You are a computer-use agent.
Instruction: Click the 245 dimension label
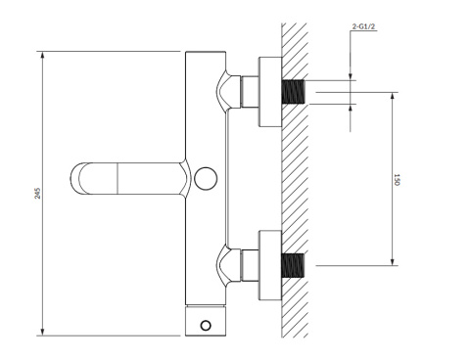click(38, 193)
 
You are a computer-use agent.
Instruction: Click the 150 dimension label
click(397, 180)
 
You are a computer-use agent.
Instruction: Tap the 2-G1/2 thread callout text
click(362, 26)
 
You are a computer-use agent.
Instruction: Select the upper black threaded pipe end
click(293, 92)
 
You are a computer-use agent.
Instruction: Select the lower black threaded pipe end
click(293, 266)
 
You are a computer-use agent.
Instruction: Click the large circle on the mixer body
click(206, 178)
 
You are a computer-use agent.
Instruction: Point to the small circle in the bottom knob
click(206, 326)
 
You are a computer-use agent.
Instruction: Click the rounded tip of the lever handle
click(73, 178)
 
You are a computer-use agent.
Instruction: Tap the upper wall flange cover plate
click(270, 92)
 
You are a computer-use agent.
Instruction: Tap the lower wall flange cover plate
click(270, 265)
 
